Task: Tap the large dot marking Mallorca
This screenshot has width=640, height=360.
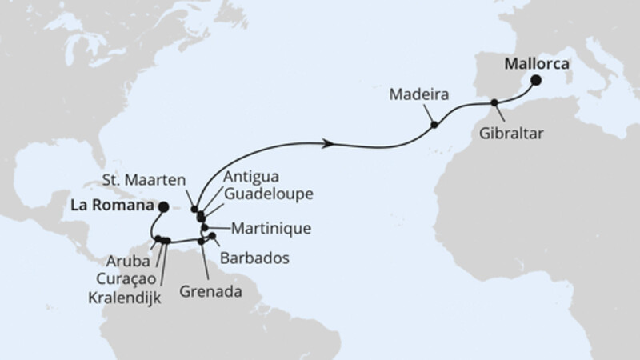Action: click(534, 79)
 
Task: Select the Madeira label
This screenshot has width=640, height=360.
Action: click(419, 94)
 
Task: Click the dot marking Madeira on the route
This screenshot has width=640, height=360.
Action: click(434, 125)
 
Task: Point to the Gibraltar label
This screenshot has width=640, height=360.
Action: click(512, 134)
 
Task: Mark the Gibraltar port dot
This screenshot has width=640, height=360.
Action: click(494, 102)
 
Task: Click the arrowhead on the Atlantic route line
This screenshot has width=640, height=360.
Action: click(327, 144)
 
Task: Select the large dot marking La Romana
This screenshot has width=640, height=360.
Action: click(162, 206)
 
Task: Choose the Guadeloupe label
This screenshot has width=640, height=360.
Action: click(268, 194)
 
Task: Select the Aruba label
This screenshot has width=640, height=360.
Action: click(124, 261)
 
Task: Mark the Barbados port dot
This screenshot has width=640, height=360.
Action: click(212, 235)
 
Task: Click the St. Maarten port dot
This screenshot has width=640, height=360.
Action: click(194, 210)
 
